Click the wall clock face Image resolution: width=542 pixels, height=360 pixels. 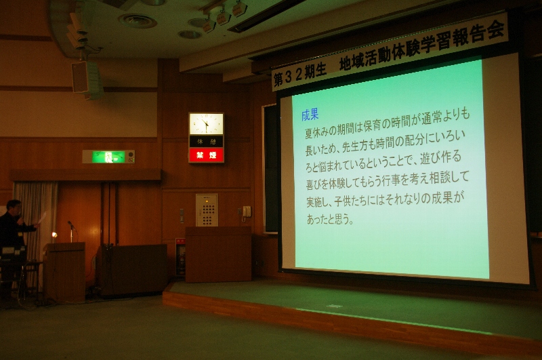click(206, 124)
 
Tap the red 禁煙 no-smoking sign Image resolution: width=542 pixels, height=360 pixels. click(207, 155)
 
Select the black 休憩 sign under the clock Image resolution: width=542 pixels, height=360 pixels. click(207, 141)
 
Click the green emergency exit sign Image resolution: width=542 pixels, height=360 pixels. click(108, 157)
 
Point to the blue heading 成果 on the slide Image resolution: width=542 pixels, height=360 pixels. click(310, 115)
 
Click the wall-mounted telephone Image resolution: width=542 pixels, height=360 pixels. click(247, 212)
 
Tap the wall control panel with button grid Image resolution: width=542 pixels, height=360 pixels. click(207, 210)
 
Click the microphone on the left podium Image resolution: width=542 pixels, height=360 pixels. click(71, 226)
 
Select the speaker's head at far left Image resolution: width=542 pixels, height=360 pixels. click(14, 207)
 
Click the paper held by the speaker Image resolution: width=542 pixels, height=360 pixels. click(42, 218)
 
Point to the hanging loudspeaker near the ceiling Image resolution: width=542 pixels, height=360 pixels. click(80, 77)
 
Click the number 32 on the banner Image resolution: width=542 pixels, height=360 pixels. click(293, 77)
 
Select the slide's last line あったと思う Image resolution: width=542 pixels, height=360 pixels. click(330, 219)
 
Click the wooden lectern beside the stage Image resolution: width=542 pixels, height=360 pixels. click(218, 254)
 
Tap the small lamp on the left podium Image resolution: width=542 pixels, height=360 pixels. click(54, 235)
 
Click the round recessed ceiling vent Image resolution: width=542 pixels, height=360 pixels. click(138, 21)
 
